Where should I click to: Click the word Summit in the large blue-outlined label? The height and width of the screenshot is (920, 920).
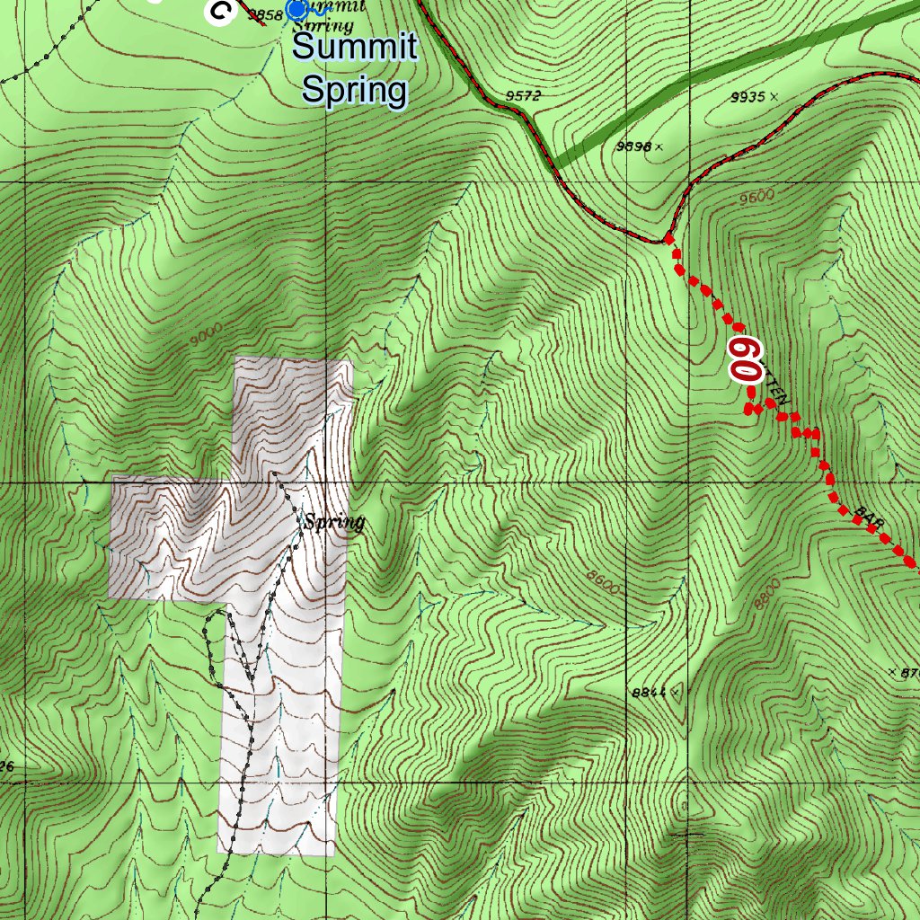click(355, 47)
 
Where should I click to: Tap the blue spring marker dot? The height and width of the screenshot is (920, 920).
click(296, 9)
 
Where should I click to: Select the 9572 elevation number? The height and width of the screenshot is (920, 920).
click(523, 96)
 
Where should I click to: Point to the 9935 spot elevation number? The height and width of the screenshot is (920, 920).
click(748, 96)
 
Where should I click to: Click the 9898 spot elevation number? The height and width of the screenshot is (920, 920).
click(634, 146)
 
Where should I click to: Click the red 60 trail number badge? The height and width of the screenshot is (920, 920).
click(745, 358)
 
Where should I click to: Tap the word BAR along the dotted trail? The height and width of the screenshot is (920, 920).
click(869, 517)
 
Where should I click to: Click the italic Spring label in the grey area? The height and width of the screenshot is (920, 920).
click(333, 522)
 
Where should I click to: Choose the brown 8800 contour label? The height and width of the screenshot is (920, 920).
click(769, 593)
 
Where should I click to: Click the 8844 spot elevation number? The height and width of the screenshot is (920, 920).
click(649, 693)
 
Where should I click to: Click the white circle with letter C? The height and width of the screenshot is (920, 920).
click(220, 10)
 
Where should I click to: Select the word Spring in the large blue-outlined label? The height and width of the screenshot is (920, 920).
click(355, 90)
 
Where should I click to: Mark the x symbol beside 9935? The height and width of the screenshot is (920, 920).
click(774, 96)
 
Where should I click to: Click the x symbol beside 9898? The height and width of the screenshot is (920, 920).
click(659, 146)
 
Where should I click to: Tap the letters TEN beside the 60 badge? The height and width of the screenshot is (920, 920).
click(777, 389)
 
